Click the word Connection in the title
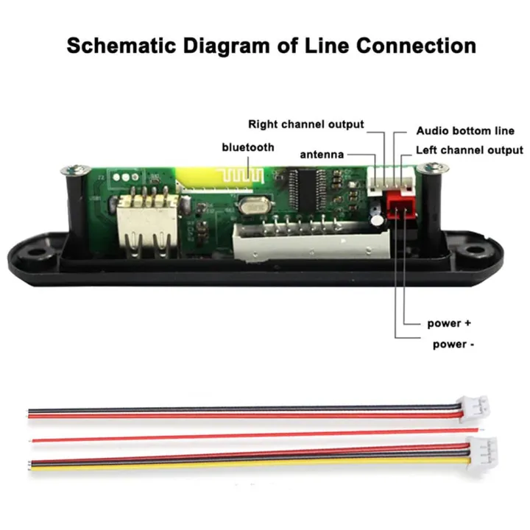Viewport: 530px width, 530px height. tap(416, 46)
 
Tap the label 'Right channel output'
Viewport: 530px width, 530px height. tap(305, 124)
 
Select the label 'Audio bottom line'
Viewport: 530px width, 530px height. tap(465, 131)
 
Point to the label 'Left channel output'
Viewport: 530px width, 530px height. tap(470, 150)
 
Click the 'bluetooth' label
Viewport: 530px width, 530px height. tap(248, 147)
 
